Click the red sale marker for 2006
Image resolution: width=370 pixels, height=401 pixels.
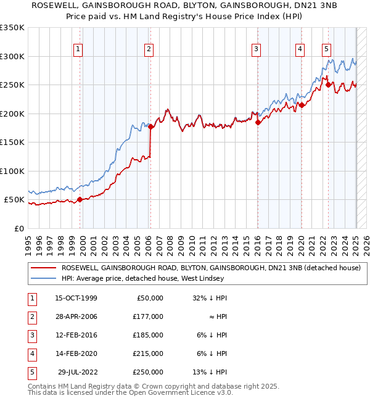[x=150, y=127]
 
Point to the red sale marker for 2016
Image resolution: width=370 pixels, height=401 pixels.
[x=257, y=122]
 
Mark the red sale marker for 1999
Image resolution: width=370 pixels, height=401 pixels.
[x=80, y=200]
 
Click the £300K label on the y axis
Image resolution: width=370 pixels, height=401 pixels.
[x=12, y=56]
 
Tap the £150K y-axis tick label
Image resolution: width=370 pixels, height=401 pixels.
[x=12, y=142]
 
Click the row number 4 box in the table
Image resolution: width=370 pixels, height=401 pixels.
[x=30, y=353]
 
